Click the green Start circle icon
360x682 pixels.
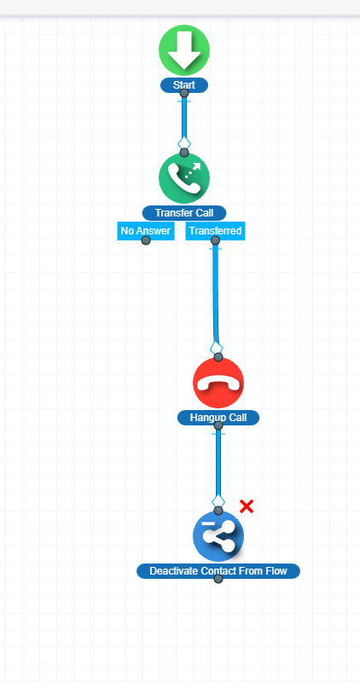tap(184, 50)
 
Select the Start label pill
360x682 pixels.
tap(184, 84)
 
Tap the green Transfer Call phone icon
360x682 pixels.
tap(184, 178)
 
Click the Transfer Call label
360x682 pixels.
tap(184, 213)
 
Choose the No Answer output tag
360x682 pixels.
tap(145, 230)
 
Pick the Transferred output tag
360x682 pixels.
tap(215, 230)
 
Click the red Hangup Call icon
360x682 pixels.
tap(218, 383)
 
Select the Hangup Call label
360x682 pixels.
tap(218, 418)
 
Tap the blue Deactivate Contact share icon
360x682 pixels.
tap(218, 536)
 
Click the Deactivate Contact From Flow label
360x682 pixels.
tap(218, 571)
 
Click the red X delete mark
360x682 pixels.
tap(247, 506)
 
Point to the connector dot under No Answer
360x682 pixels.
tap(146, 240)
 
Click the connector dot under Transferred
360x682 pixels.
tap(215, 240)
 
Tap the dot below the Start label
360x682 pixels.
tap(184, 93)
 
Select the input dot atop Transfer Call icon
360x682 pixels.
tap(184, 153)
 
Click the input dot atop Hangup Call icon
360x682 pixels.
tap(218, 357)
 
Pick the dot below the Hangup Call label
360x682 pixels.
tap(218, 425)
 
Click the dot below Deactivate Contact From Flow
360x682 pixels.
tap(218, 579)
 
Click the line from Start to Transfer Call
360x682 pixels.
tap(184, 122)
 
